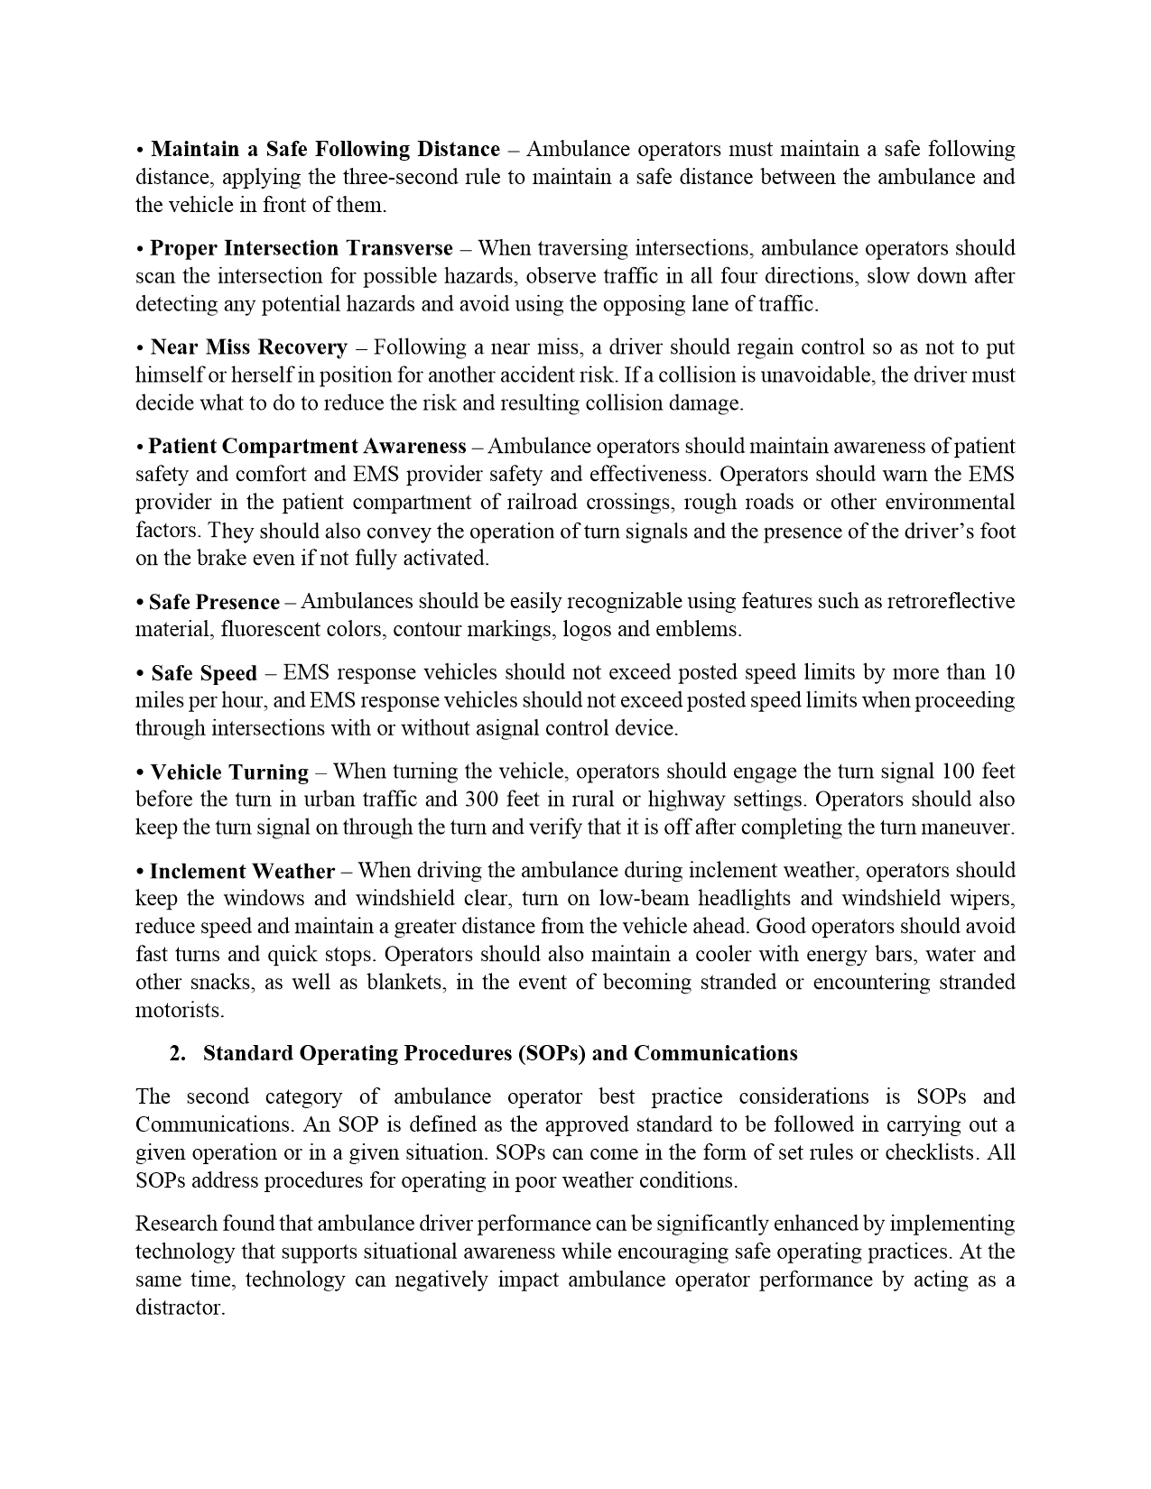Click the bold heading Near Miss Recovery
(x=248, y=347)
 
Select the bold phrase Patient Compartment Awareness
(x=307, y=447)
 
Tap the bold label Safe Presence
(x=214, y=602)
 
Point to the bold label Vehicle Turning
(x=229, y=772)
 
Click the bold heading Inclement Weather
(x=242, y=872)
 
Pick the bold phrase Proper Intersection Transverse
(x=302, y=248)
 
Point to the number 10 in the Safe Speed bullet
(x=1004, y=672)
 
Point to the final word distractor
(x=179, y=1309)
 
